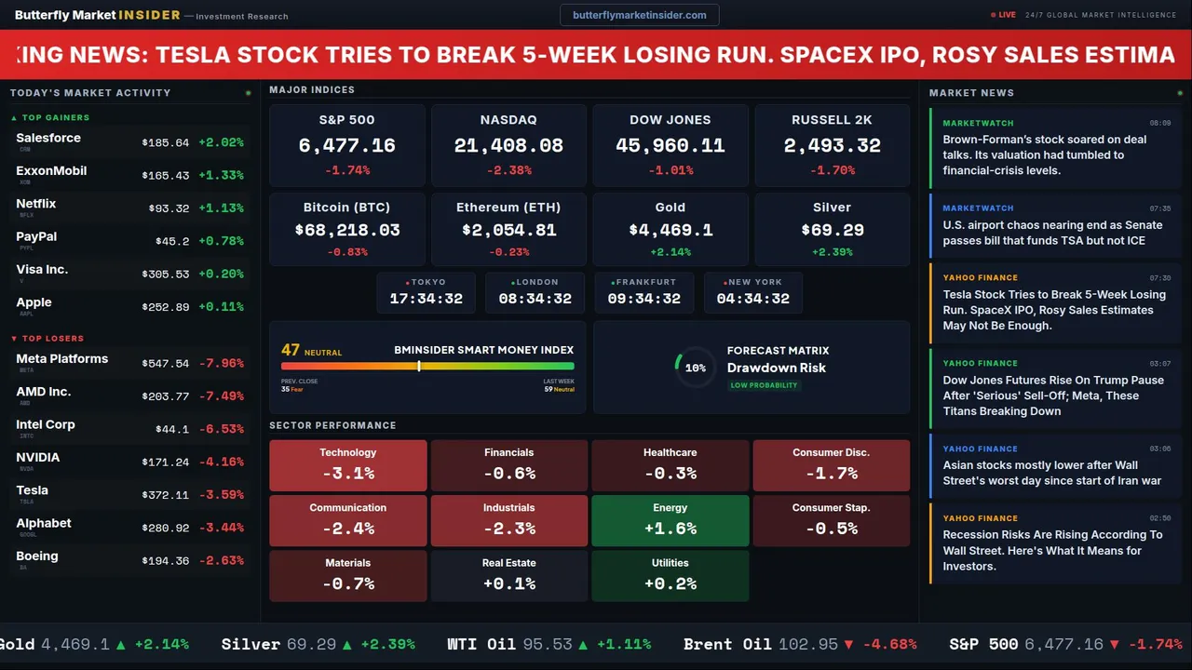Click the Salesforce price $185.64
coord(166,143)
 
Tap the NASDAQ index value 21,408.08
coord(508,146)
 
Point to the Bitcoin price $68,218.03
coord(347,230)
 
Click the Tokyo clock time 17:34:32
coord(426,299)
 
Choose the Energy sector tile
coord(670,520)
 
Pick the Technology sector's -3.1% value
coord(348,474)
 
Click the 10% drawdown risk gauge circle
coord(695,368)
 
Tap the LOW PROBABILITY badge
coord(764,385)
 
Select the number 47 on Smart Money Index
coord(291,350)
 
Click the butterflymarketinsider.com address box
coord(639,15)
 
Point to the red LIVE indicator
coord(1004,15)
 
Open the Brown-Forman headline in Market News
coord(1044,154)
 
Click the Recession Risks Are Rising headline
coord(1052,550)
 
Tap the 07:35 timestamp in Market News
coord(1159,208)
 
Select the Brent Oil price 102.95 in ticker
coord(808,644)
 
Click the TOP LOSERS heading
coord(52,339)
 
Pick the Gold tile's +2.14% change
coord(670,252)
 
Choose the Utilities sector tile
coord(670,575)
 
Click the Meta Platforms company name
coord(61,359)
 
